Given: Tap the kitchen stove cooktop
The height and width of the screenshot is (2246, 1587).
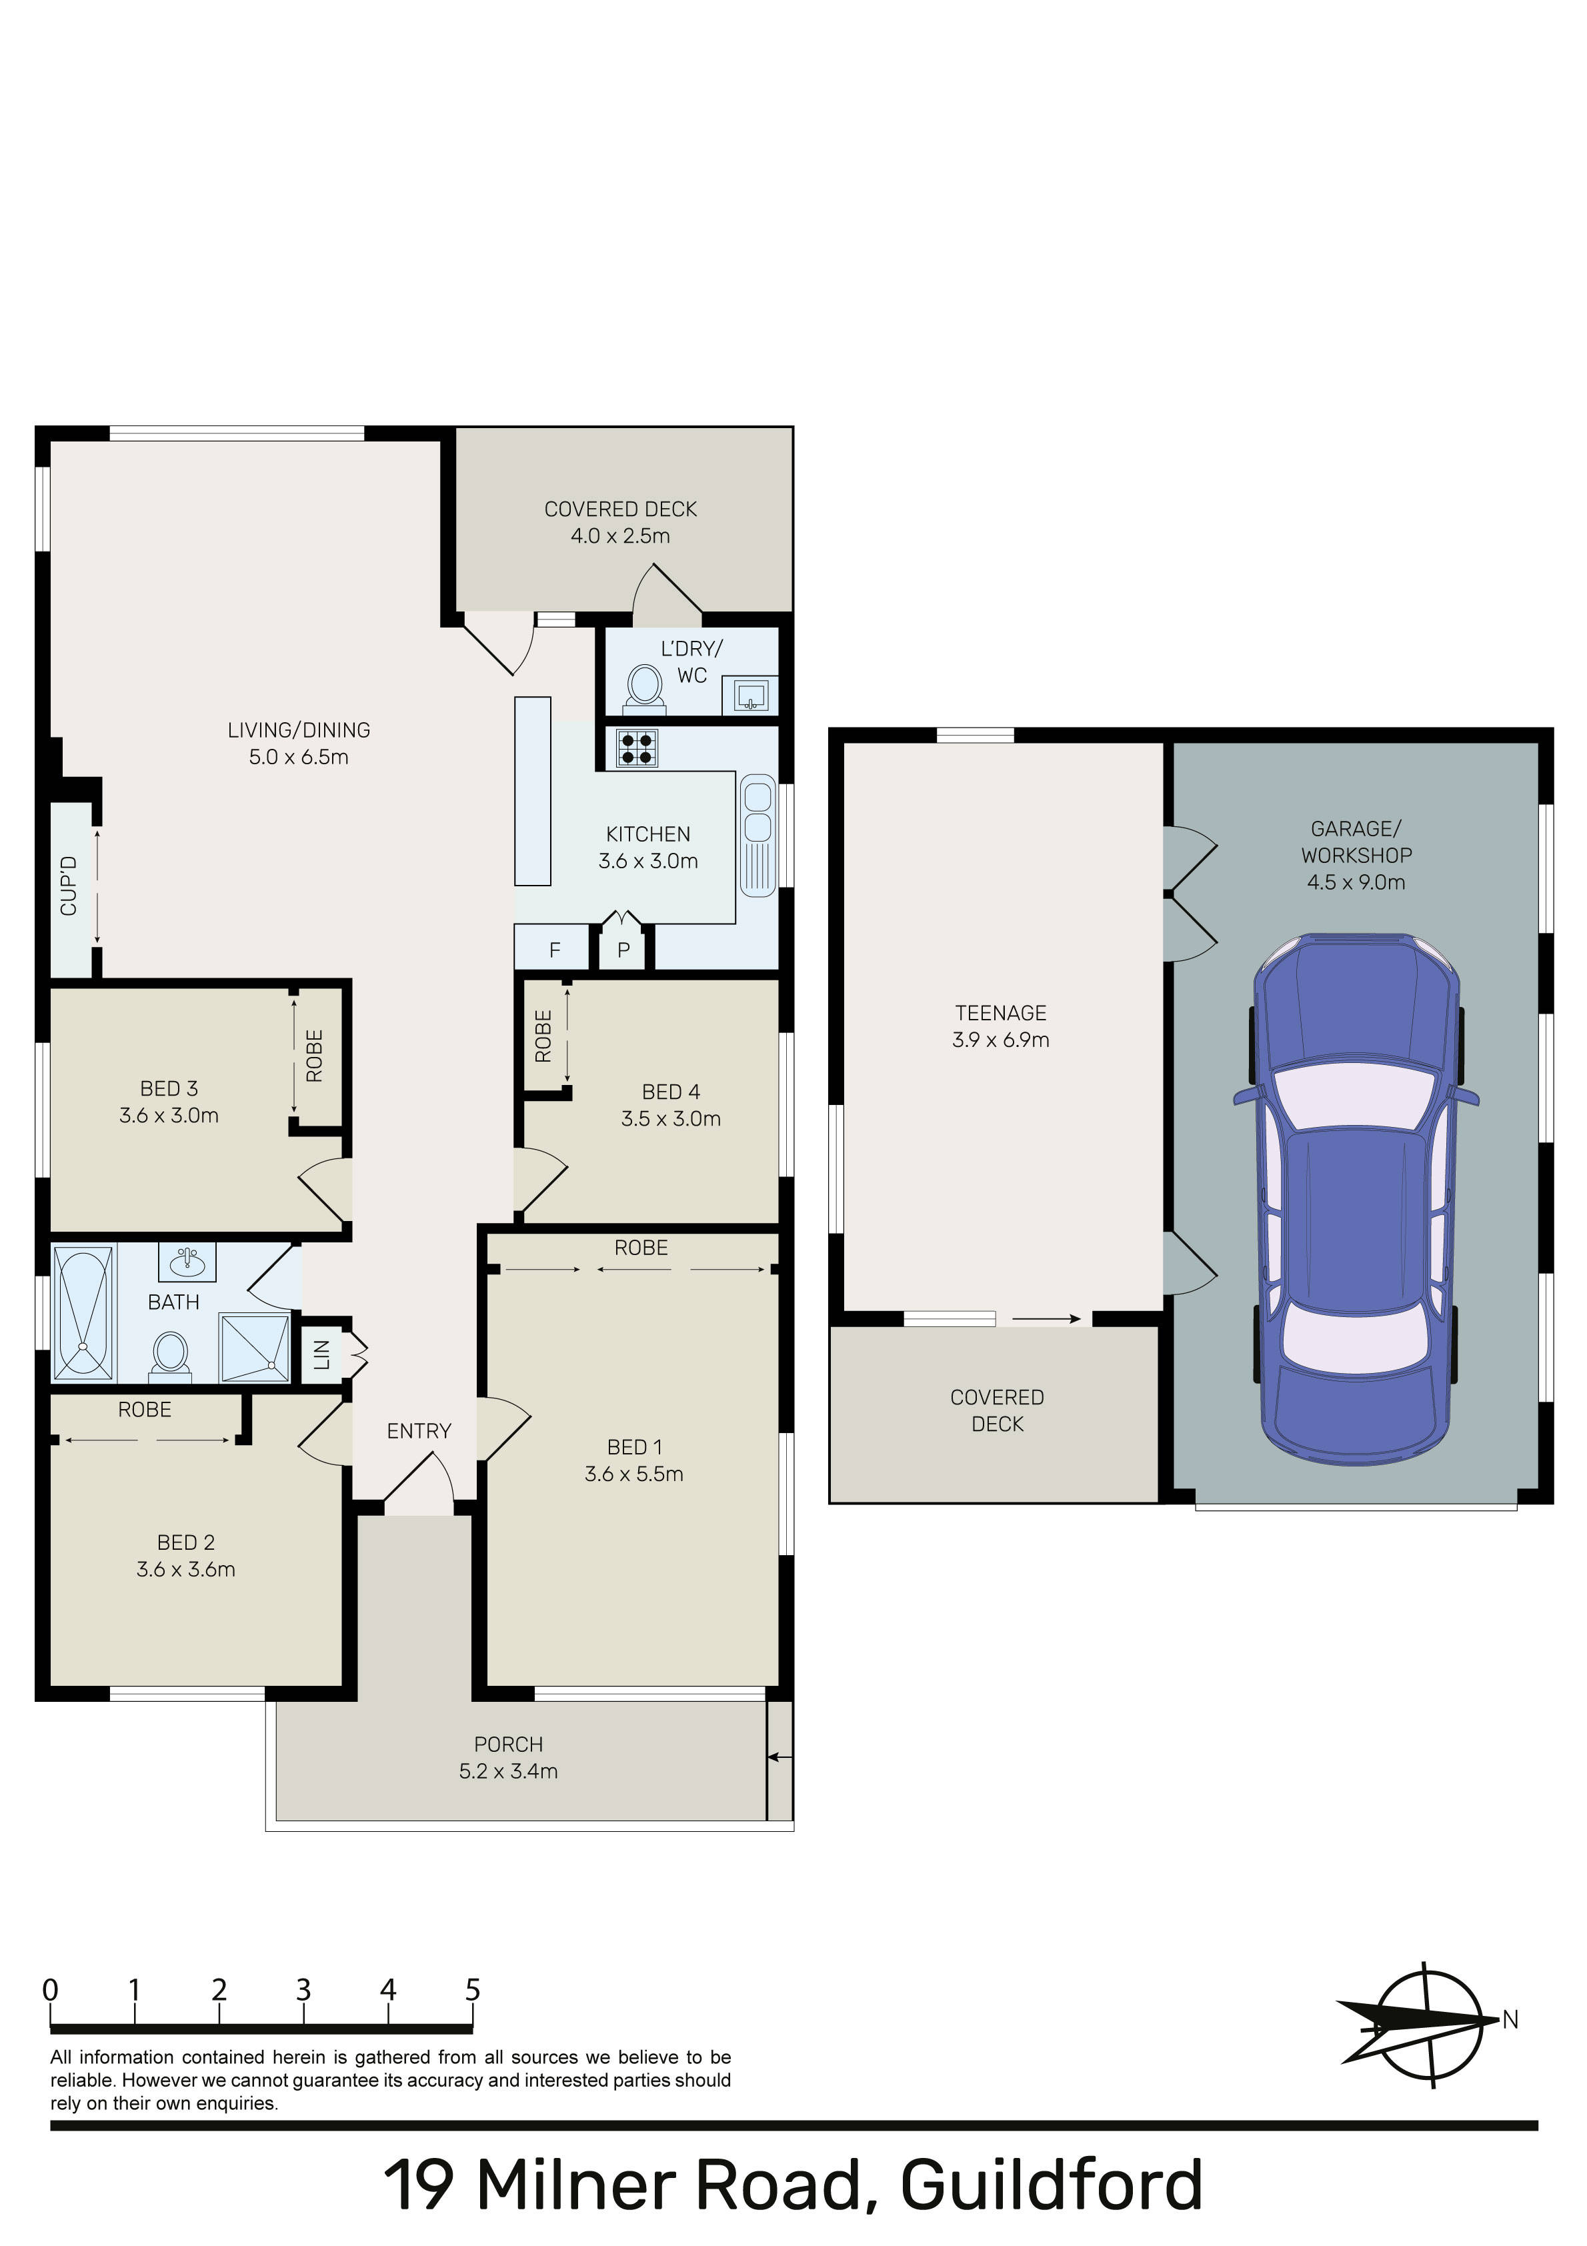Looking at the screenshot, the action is (x=637, y=748).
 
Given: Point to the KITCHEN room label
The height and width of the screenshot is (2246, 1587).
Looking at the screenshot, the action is (x=647, y=834).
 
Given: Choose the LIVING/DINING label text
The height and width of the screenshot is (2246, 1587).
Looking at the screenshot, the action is (x=299, y=730).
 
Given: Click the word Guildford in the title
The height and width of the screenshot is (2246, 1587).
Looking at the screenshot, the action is (x=1051, y=2185).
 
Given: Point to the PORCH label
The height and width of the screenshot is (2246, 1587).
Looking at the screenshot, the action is (x=508, y=1744).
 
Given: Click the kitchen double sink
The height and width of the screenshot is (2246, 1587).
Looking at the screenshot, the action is (x=757, y=834).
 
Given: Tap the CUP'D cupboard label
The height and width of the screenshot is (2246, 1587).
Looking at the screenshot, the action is (x=69, y=886).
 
